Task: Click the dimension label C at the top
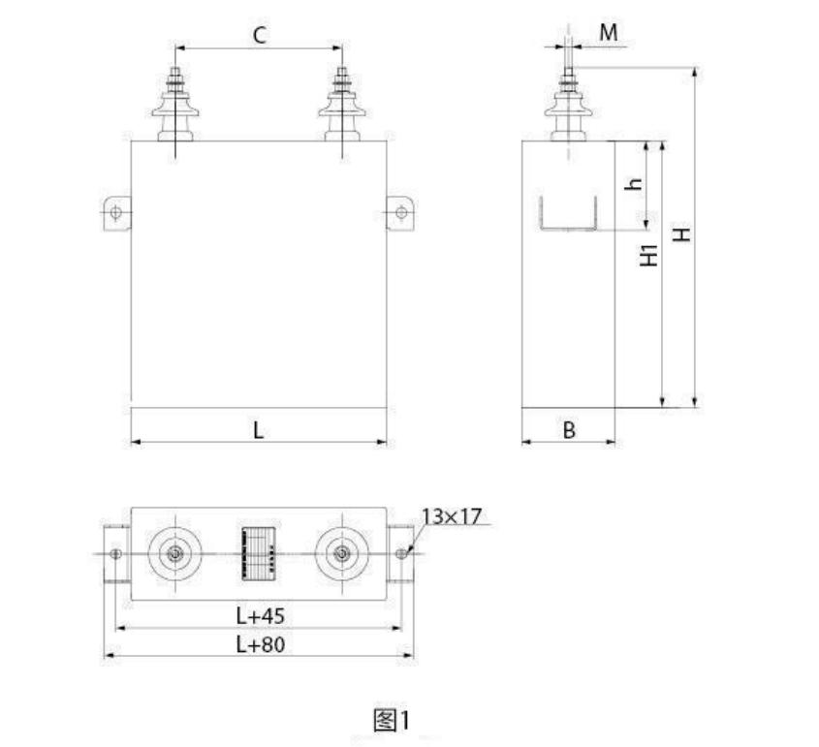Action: click(260, 36)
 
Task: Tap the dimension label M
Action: click(608, 33)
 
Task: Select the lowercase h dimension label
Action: click(634, 183)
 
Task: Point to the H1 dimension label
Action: click(649, 255)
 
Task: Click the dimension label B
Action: click(569, 430)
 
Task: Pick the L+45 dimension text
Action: click(260, 616)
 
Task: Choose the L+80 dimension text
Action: click(260, 644)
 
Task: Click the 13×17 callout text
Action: click(452, 516)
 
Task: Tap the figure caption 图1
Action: click(392, 721)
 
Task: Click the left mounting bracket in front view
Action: click(116, 213)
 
